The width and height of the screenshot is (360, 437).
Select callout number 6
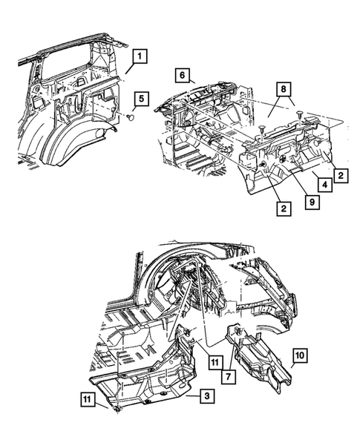(x=182, y=74)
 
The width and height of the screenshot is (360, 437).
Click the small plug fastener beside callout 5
(x=130, y=117)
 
